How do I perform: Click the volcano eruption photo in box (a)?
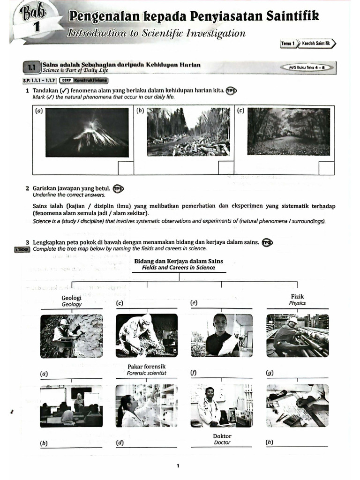87,132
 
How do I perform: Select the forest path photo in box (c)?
289,131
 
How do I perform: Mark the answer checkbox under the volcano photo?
125,168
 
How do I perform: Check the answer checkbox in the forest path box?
326,168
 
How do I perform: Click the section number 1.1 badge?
32,68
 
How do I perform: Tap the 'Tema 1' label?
287,44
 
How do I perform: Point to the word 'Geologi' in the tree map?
71,298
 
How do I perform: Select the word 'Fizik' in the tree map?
297,297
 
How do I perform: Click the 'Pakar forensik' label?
146,366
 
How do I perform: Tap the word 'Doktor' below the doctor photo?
222,436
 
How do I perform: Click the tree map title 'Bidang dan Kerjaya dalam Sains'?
179,261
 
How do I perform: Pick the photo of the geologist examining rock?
71,336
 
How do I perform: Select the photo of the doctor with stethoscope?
222,405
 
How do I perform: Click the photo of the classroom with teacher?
71,405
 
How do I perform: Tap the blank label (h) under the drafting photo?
300,442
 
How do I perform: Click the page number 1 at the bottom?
178,466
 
